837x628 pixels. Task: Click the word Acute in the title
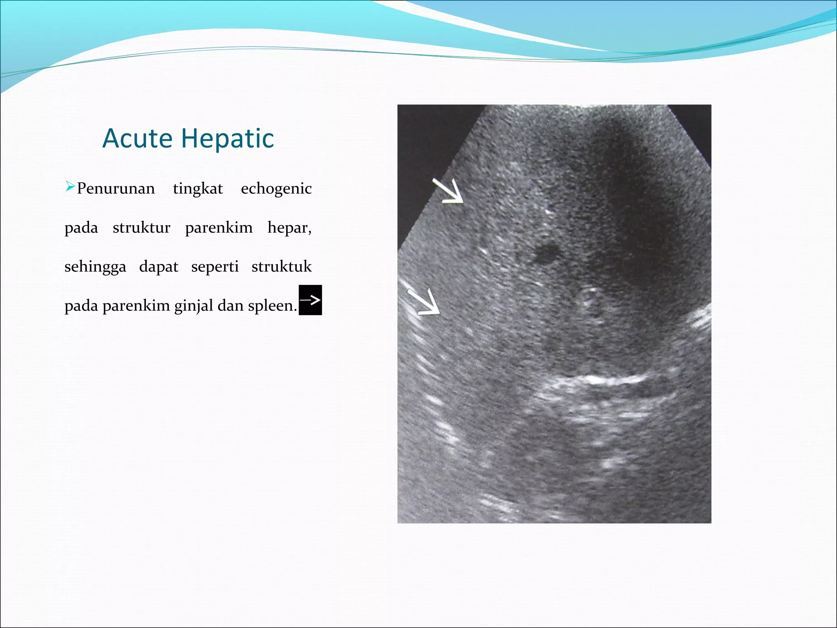coord(138,138)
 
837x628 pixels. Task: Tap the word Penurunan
coord(116,188)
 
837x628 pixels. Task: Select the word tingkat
coord(198,189)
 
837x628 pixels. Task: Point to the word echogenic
coord(276,189)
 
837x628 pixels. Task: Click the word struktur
coord(141,228)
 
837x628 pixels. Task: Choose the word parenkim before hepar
coord(219,228)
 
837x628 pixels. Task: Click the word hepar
coord(289,228)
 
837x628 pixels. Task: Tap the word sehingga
coord(95,267)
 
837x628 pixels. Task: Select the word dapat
coord(159,267)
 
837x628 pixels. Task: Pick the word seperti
coord(215,267)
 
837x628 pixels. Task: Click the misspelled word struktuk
coord(282,267)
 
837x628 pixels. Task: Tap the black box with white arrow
coord(310,300)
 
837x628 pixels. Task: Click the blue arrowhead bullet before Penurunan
coord(70,187)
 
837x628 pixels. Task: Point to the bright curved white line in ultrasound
coord(605,380)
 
